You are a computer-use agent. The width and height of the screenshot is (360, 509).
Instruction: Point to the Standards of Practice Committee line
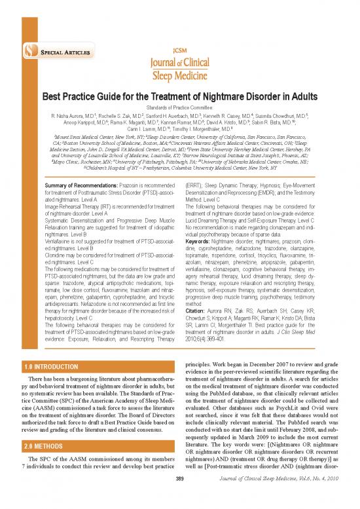180,107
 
